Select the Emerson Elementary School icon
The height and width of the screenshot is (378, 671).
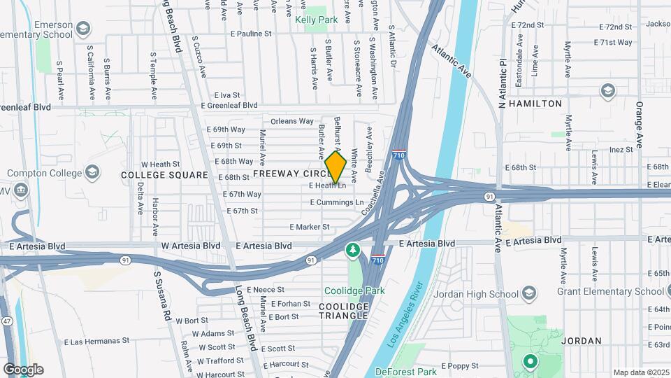83,29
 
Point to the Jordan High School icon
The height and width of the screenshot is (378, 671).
529,293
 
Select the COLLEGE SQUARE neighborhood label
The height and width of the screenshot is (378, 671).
164,175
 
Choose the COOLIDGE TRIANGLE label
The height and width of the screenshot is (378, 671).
343,311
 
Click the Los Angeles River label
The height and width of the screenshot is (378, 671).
407,314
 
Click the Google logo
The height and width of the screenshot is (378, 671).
23,370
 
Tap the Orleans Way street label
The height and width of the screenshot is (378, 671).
292,121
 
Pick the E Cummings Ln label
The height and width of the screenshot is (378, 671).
338,202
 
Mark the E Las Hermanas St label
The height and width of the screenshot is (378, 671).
96,342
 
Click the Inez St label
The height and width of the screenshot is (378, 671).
621,149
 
